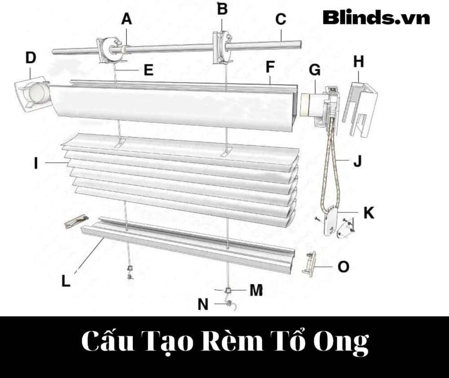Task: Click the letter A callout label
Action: point(127,19)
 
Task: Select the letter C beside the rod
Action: point(281,19)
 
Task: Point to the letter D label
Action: point(31,58)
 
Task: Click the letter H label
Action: point(358,62)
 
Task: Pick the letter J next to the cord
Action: point(357,162)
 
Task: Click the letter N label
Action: point(203,305)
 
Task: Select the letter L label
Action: point(66,281)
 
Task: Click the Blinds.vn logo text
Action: point(376,18)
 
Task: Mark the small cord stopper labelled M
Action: point(229,290)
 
